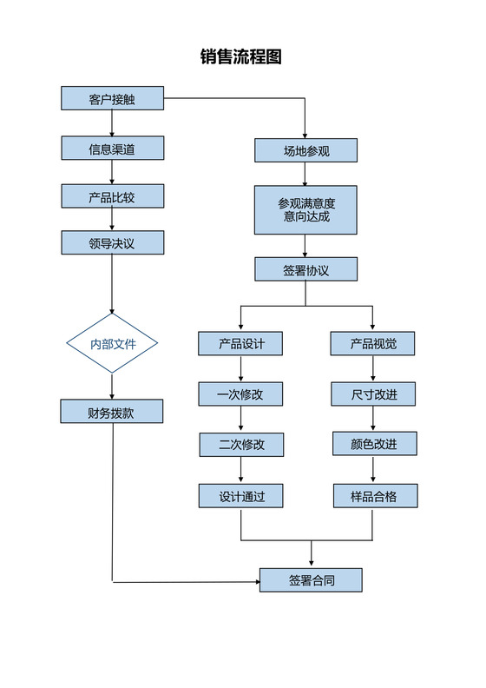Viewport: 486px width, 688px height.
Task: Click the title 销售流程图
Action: tap(241, 57)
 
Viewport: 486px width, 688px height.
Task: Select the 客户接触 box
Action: tap(112, 99)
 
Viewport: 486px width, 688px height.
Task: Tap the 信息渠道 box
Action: tap(112, 149)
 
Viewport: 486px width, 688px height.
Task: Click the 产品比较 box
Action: tap(112, 196)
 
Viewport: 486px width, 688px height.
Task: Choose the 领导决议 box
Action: tap(112, 243)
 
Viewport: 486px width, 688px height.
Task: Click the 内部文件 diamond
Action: tap(113, 344)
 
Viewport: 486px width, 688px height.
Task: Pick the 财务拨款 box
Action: tap(112, 412)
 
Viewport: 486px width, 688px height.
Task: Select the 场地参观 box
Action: tap(305, 150)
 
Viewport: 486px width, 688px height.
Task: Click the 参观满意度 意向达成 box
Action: tap(305, 209)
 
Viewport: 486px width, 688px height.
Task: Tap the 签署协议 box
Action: tap(305, 269)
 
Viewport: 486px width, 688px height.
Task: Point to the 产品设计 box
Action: tap(240, 344)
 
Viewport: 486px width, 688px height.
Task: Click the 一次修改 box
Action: tap(240, 394)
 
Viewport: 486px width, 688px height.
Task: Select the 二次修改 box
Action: tap(240, 445)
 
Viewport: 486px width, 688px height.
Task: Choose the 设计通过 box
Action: tap(240, 496)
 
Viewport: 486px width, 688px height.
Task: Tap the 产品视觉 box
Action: tap(373, 344)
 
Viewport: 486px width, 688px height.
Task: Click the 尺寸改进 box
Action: tap(373, 394)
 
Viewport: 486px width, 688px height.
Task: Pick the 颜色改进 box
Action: tap(373, 445)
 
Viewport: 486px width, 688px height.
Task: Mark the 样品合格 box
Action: tap(373, 496)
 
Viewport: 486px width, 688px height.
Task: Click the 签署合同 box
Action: tap(311, 579)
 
